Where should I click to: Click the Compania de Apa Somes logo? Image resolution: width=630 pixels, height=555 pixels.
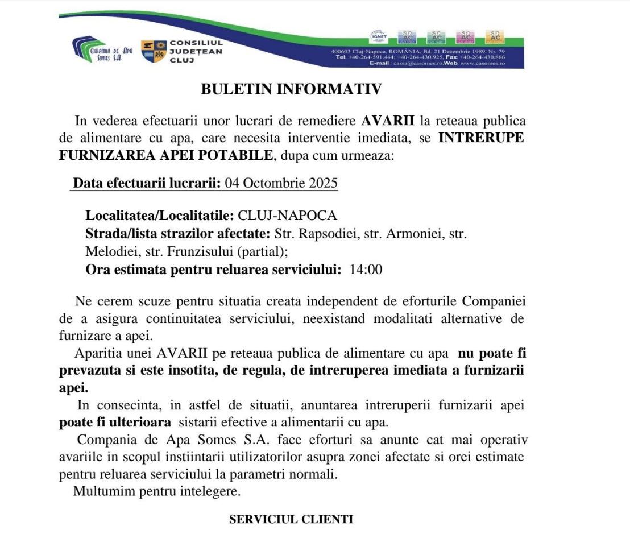(103, 51)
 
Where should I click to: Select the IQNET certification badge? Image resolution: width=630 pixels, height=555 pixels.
(378, 36)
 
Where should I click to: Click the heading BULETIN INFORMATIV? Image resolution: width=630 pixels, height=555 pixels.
(291, 89)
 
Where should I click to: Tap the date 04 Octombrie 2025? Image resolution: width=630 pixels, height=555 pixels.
(281, 183)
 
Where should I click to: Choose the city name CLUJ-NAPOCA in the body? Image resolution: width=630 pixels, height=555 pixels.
(287, 216)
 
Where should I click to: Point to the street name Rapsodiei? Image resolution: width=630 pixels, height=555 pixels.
(323, 233)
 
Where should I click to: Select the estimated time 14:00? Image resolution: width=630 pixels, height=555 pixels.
(366, 270)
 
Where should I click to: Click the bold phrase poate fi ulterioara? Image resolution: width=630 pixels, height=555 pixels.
(115, 423)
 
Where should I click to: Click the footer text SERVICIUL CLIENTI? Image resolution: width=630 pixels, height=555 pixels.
(291, 519)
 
